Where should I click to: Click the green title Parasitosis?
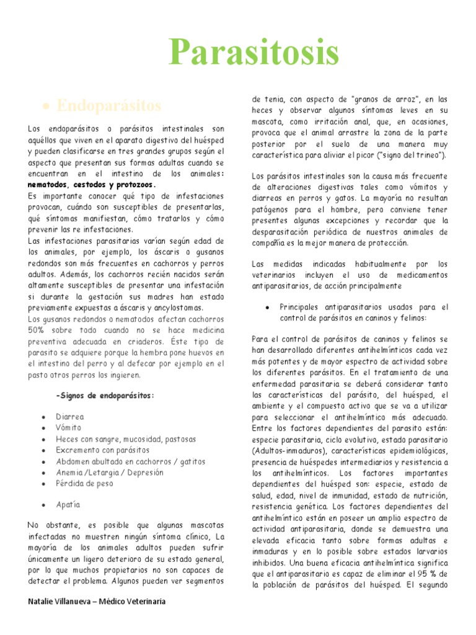point(254,52)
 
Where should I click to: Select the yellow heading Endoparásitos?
point(108,105)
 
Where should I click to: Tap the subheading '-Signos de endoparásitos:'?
point(105,396)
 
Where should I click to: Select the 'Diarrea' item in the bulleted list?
point(69,417)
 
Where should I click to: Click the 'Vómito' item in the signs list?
point(68,428)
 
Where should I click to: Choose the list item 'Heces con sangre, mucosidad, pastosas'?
point(125,439)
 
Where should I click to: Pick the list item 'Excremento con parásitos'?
point(102,450)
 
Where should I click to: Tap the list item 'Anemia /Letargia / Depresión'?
point(110,473)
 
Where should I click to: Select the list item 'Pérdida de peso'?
point(84,484)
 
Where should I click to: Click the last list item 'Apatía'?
point(68,505)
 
